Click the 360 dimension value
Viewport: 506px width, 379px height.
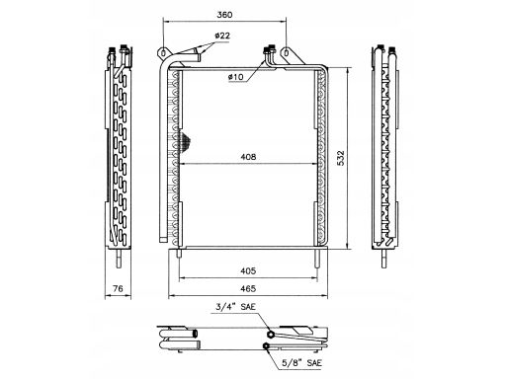point(224,15)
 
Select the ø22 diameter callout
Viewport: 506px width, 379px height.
point(222,36)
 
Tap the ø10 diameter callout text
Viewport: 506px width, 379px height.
point(235,77)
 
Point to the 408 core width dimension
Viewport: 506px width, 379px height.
point(248,157)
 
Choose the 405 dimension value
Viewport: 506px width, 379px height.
point(248,270)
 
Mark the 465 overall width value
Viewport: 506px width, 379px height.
point(248,288)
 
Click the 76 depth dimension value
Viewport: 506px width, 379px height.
point(118,288)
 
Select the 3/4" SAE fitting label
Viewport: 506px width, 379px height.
point(235,307)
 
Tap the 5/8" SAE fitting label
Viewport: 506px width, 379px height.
point(301,363)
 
